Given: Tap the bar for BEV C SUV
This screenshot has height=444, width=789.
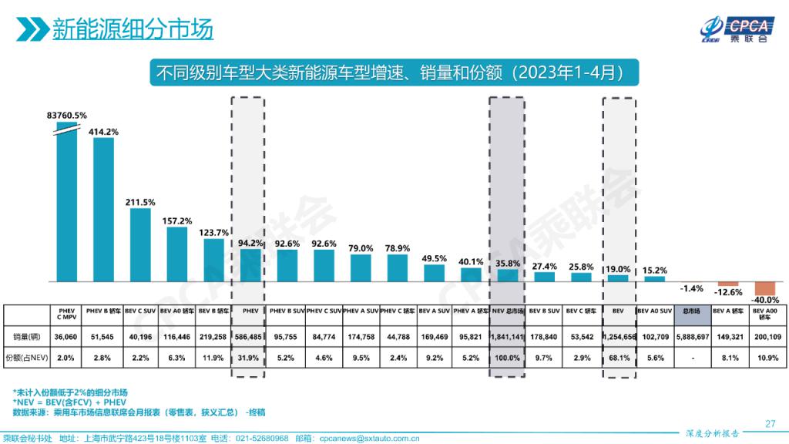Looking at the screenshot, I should [140, 244].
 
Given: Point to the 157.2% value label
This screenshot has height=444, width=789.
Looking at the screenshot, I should [177, 220].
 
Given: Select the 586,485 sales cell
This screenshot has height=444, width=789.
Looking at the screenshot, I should [250, 337].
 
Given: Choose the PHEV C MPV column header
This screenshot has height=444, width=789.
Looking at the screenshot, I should [66, 315].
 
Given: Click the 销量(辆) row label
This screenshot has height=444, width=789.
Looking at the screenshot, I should [26, 337].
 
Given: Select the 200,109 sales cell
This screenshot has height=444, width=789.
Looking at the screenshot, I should [765, 337].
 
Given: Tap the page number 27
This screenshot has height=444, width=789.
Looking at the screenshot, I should [769, 423].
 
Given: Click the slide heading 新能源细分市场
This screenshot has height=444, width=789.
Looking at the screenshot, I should [132, 29].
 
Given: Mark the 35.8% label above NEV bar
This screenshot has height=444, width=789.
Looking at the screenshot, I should [507, 263].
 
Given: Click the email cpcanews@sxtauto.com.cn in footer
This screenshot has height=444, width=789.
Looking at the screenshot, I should [368, 438].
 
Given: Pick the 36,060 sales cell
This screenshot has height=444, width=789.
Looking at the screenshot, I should [66, 337].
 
